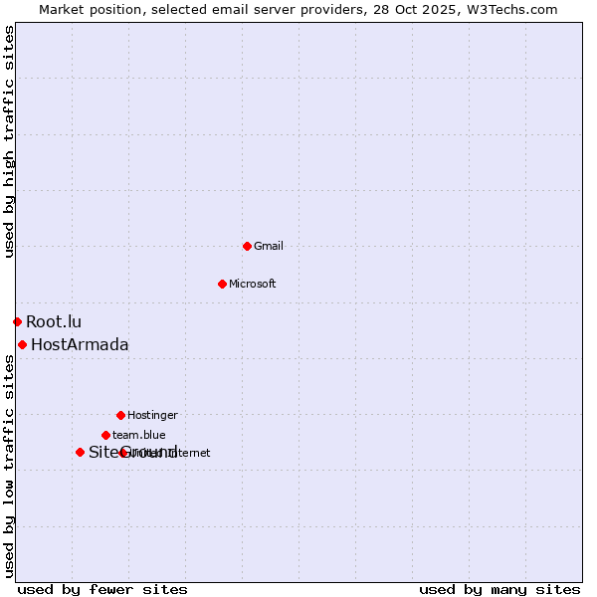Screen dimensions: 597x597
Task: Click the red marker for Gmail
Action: click(247, 246)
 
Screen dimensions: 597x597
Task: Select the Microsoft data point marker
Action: click(222, 284)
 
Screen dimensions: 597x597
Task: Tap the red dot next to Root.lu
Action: click(17, 321)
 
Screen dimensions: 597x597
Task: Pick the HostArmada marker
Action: click(22, 344)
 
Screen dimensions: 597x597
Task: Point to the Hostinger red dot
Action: click(120, 415)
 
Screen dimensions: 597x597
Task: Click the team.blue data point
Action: click(105, 435)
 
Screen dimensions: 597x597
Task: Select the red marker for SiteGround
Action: click(80, 452)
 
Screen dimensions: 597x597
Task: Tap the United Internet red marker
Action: click(123, 453)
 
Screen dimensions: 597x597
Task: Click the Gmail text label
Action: click(269, 246)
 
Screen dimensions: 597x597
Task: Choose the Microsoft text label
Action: click(253, 284)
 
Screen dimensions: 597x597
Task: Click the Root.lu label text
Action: click(54, 321)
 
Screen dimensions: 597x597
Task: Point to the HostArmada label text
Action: click(80, 344)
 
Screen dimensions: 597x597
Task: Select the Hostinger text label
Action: click(152, 415)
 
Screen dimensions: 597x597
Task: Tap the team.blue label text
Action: click(139, 435)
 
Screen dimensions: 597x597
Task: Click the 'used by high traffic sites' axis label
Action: click(9, 141)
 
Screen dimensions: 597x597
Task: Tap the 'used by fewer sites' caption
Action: click(102, 589)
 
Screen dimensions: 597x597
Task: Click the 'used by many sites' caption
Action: click(499, 589)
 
